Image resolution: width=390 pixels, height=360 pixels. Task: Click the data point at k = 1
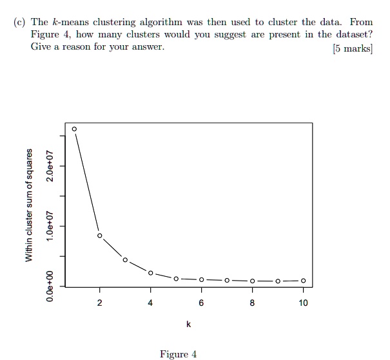[x=74, y=129]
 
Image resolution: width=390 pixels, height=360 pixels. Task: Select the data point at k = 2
[x=99, y=235]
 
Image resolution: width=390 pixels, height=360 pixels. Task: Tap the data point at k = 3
[x=125, y=260]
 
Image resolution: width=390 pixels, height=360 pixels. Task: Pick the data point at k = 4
[x=150, y=273]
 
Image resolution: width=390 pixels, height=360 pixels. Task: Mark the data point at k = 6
[x=201, y=279]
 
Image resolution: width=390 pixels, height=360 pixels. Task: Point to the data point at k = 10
[x=303, y=281]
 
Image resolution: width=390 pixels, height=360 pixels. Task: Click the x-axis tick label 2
[x=99, y=303]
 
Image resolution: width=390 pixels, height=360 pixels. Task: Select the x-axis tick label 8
[x=252, y=303]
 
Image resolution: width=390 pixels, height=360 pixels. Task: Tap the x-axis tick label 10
[x=303, y=303]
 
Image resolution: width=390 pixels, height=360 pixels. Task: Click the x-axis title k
[x=188, y=324]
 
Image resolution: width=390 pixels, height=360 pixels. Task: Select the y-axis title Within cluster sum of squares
[x=28, y=205]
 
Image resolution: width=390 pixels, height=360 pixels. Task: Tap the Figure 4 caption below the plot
[x=178, y=354]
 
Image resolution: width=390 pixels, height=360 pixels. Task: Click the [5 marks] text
[x=353, y=47]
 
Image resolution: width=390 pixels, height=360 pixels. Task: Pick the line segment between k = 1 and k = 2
[x=87, y=183]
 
